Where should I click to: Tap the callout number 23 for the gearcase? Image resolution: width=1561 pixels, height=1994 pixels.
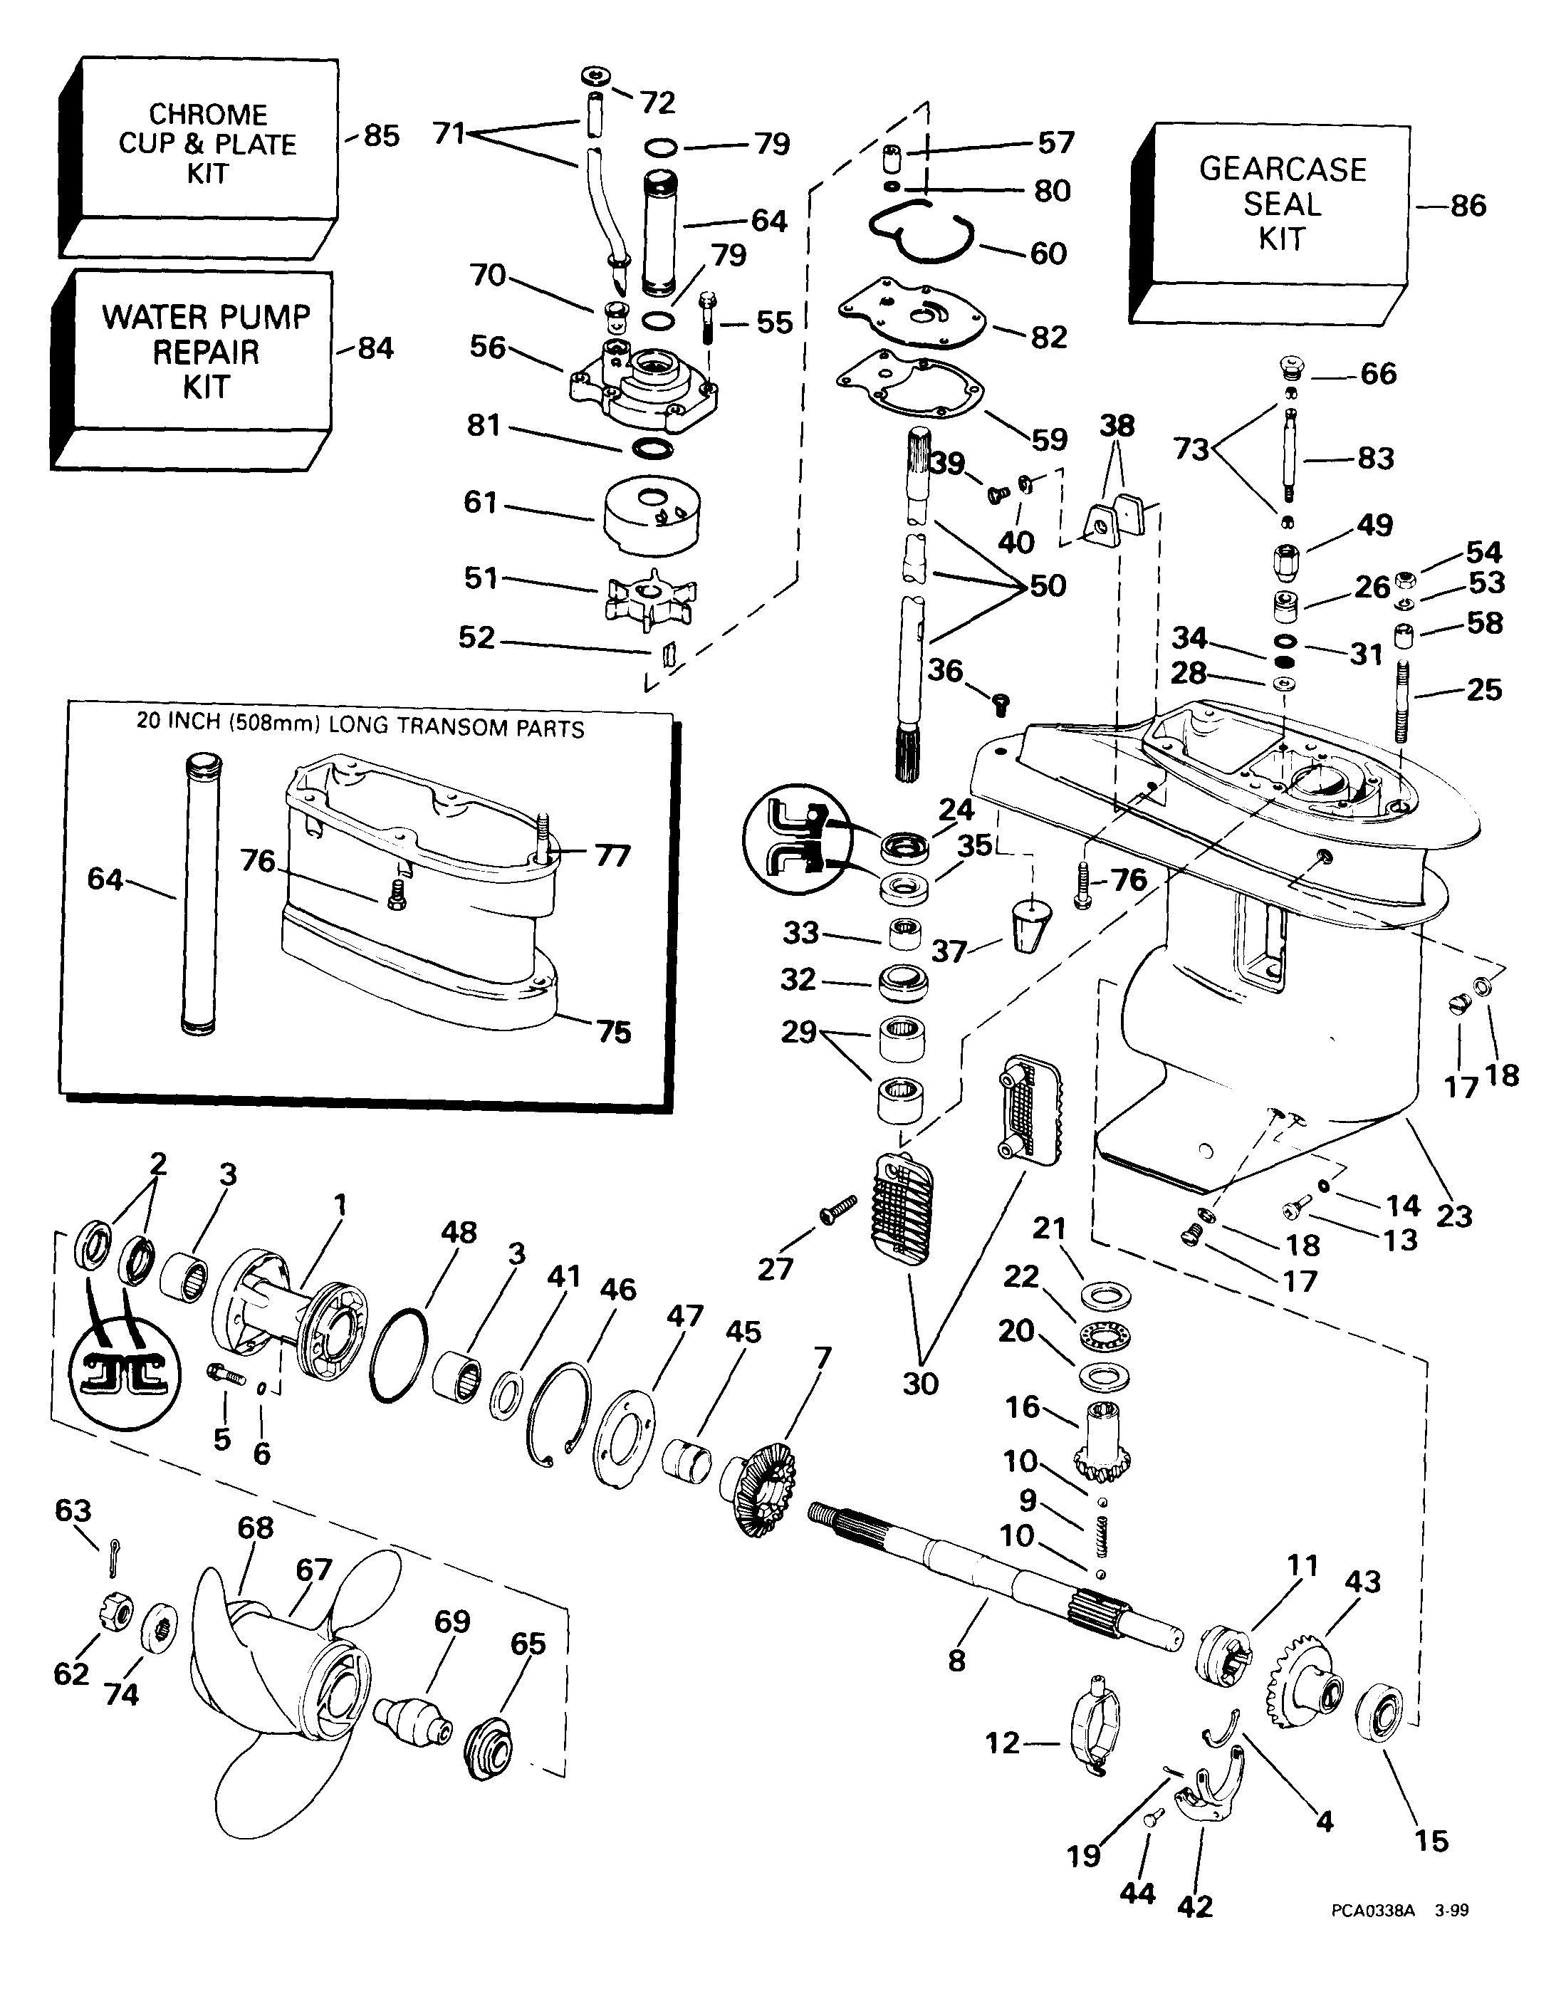point(1454,1216)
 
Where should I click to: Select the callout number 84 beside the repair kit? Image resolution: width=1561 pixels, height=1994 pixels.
point(375,348)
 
